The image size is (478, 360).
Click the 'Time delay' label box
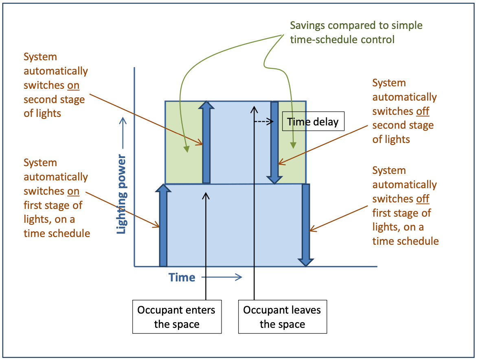pos(313,122)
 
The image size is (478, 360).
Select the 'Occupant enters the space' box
pos(177,317)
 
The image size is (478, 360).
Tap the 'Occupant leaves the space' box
pos(282,317)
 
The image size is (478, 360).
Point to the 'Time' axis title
pos(182,277)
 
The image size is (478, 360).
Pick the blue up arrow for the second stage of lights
pos(206,143)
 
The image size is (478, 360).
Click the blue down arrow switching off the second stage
pos(274,143)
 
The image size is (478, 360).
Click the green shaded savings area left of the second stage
pos(183,143)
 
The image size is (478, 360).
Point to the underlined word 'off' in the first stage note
pos(422,199)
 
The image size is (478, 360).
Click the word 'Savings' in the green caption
pos(308,26)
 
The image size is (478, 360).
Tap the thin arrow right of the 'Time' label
pos(222,277)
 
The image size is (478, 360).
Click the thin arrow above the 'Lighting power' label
pos(123,130)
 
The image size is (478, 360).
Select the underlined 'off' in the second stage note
pos(422,111)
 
